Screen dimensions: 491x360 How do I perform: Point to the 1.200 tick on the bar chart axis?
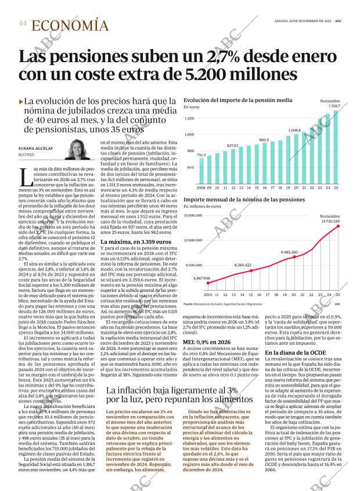[189, 118]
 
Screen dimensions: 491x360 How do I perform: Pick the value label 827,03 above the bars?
[233, 145]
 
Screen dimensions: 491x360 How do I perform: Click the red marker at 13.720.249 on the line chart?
[338, 226]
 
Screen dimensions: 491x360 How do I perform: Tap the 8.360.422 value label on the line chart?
[243, 265]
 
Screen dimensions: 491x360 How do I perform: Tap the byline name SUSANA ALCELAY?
[35, 149]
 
